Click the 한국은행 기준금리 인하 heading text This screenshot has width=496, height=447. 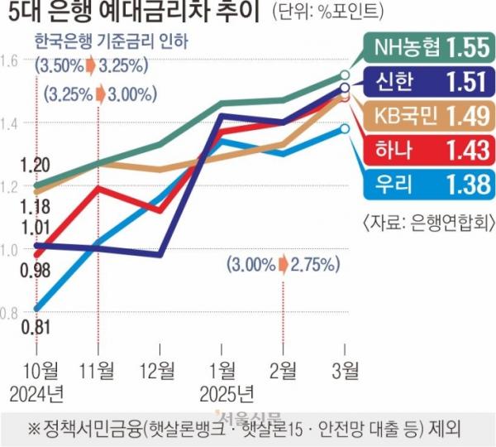pos(111,41)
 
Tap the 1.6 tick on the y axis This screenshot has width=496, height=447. pos(11,60)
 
